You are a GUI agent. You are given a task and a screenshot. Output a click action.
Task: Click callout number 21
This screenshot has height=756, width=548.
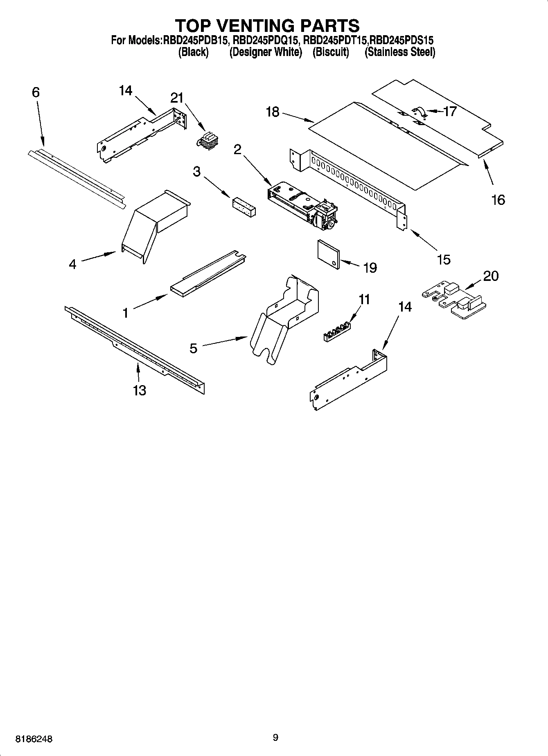(177, 98)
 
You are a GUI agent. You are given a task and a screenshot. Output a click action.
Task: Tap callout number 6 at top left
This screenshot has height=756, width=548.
(36, 92)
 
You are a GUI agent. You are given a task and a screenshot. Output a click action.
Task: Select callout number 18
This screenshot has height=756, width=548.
(273, 112)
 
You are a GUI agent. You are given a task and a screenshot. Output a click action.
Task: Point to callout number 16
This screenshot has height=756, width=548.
(498, 200)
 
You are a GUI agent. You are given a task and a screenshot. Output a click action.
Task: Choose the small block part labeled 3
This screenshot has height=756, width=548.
(244, 207)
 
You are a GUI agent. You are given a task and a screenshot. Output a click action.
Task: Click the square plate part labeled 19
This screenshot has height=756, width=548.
(329, 254)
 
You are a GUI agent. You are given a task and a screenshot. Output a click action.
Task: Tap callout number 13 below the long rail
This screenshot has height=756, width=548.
(139, 390)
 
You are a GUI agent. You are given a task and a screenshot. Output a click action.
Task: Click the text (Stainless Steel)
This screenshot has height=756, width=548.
(399, 52)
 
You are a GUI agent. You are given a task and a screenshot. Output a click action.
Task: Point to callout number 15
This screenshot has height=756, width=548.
(444, 259)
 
